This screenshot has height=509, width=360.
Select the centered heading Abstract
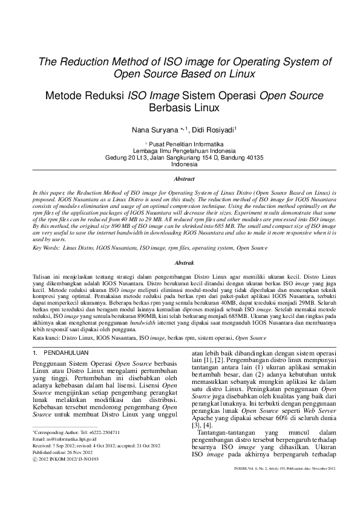coord(184,179)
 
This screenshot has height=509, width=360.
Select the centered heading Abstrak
coord(184,264)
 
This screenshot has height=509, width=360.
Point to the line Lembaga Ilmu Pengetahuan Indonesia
coord(184,151)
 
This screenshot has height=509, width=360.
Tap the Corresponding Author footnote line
coord(76,432)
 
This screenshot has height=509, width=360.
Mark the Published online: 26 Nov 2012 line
coord(64,452)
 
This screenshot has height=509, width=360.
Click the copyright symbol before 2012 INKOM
coord(34,459)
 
